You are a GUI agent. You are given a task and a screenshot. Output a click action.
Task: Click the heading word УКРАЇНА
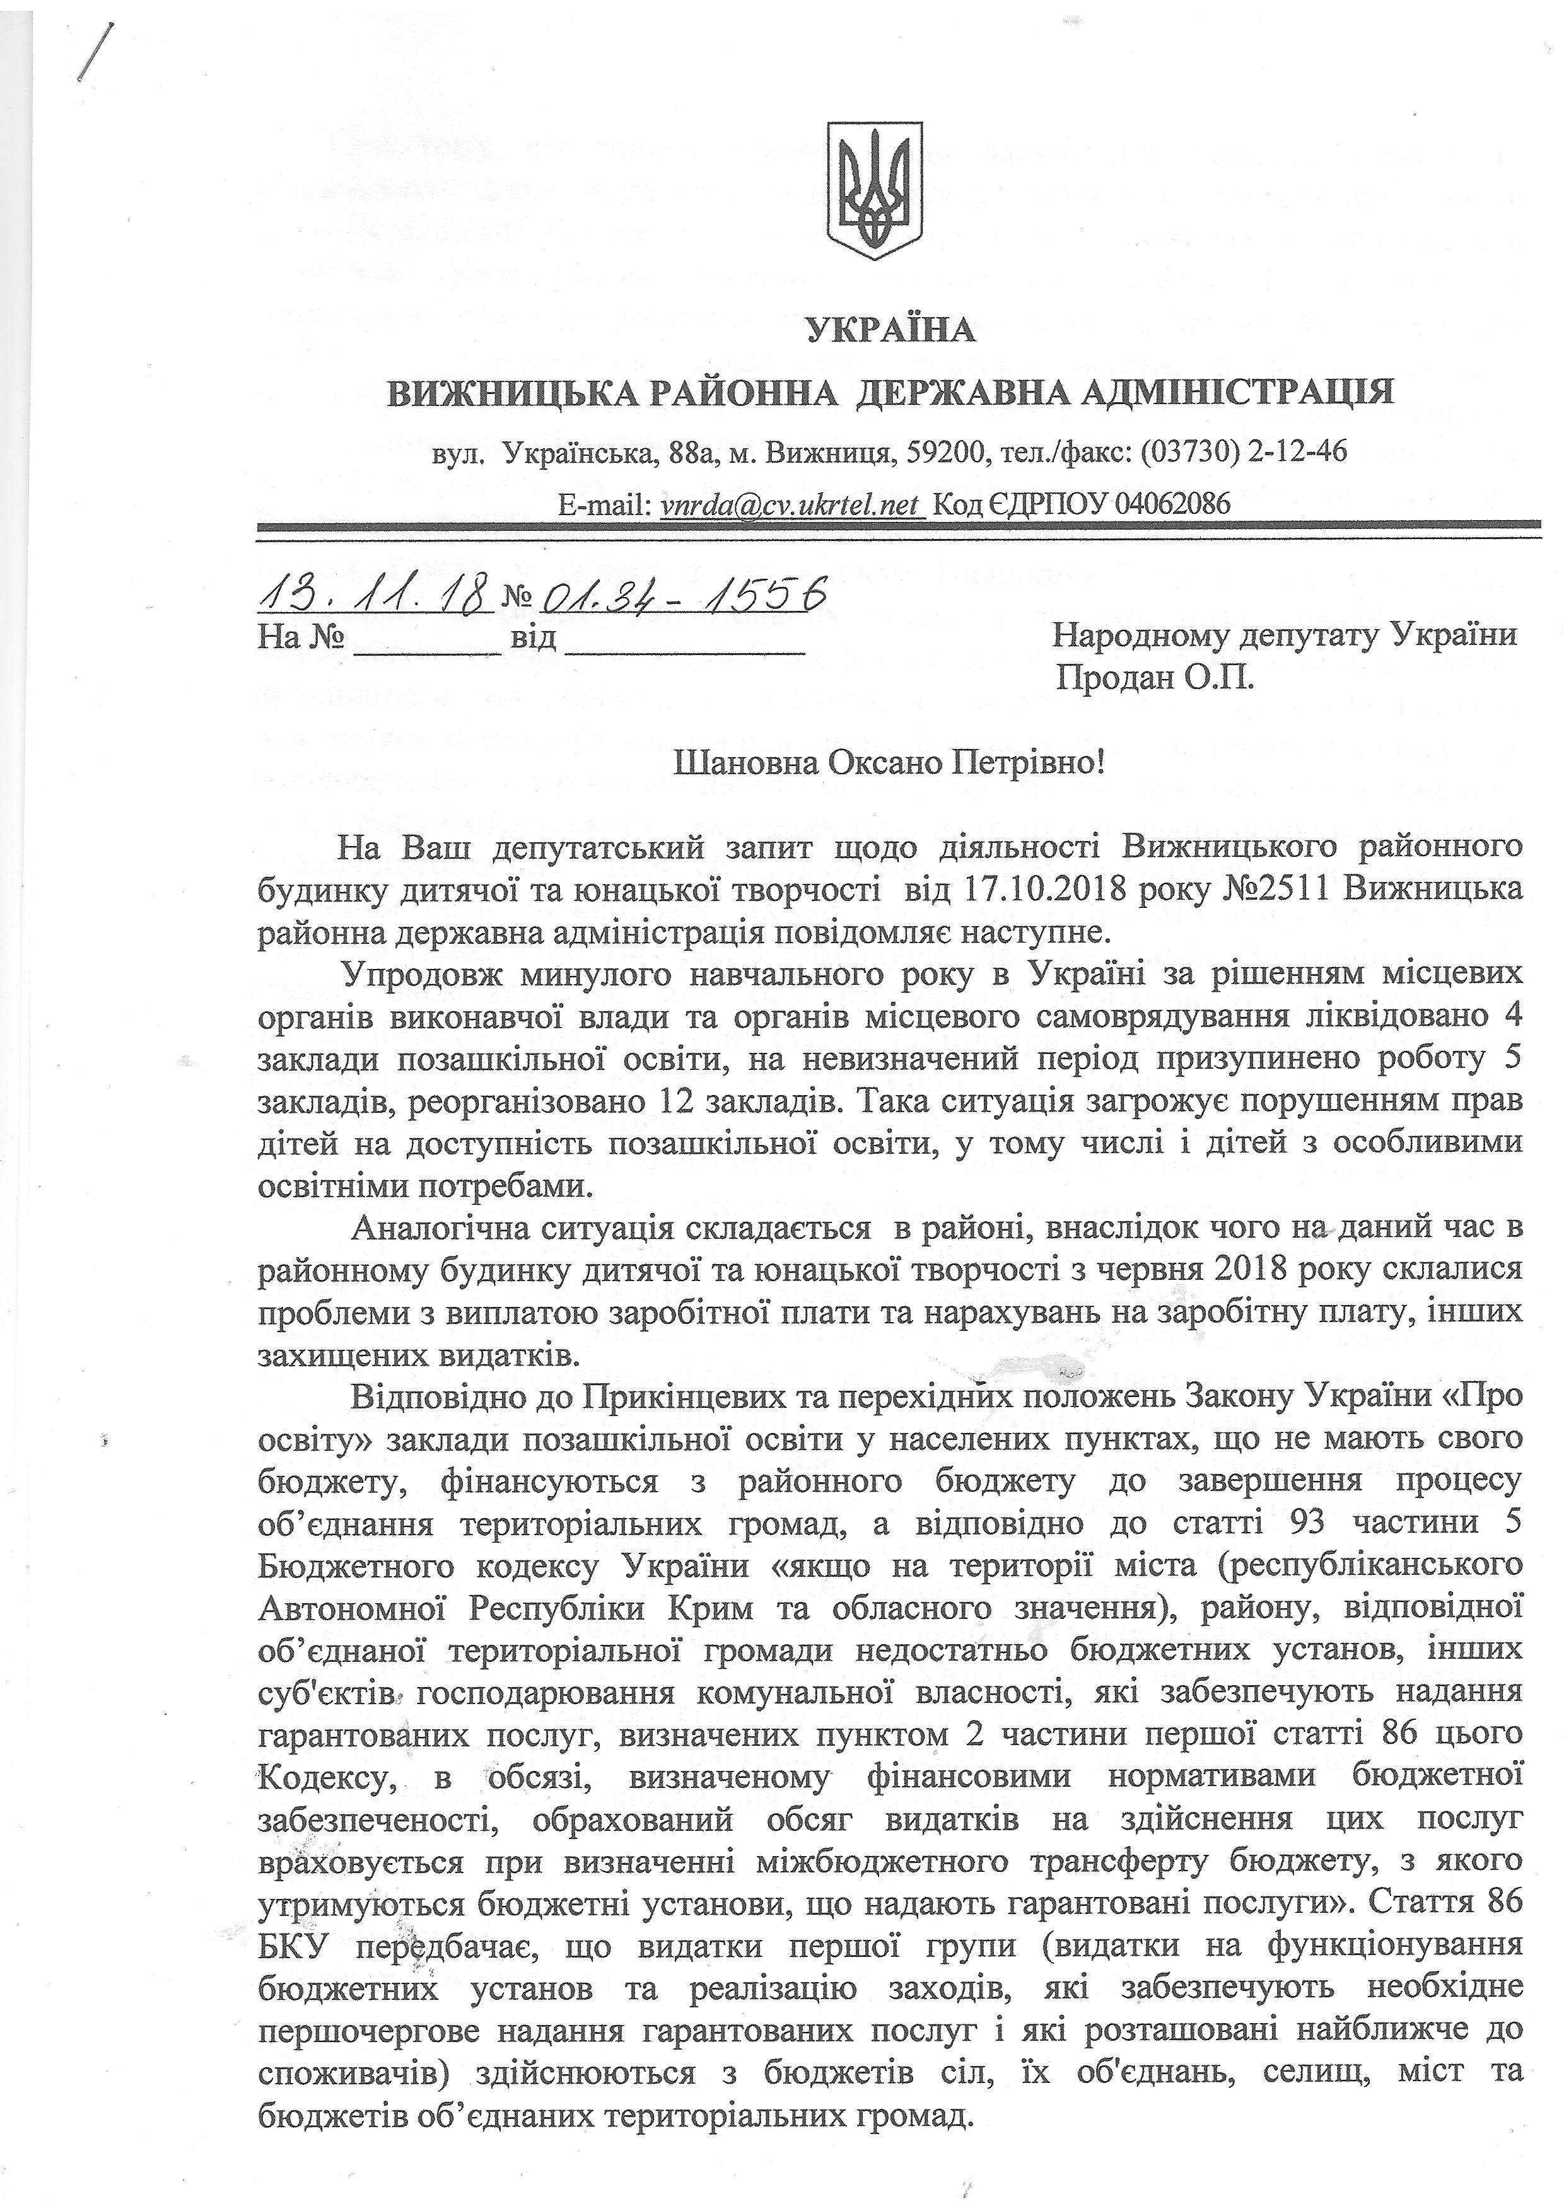(889, 331)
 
